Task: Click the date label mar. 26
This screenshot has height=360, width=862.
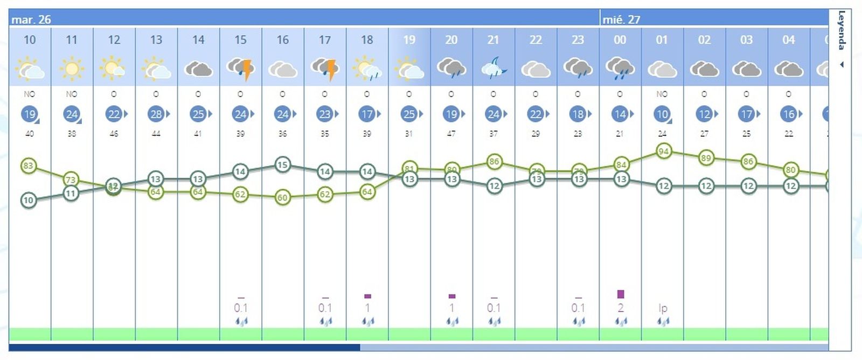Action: [31, 19]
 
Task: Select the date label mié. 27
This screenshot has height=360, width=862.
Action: [621, 19]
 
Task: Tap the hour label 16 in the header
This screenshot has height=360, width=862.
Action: [282, 40]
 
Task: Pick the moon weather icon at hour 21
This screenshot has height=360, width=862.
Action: [493, 68]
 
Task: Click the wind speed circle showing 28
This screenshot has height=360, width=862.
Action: [156, 114]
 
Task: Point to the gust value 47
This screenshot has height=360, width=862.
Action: [451, 134]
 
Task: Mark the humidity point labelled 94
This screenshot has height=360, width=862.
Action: [664, 151]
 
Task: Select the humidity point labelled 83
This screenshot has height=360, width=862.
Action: [29, 166]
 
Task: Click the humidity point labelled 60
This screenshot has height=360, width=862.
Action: [282, 198]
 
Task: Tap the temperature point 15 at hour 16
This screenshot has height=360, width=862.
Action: [282, 164]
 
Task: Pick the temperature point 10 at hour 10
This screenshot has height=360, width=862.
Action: [29, 200]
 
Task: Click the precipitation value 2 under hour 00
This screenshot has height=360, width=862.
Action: [621, 308]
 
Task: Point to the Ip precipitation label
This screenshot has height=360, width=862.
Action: [663, 308]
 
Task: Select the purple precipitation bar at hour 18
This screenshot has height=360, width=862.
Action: [367, 296]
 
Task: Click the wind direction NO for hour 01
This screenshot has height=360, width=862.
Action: [662, 94]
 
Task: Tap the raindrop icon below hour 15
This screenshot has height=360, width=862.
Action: [241, 322]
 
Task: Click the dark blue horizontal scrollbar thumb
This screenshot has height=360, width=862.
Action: [184, 348]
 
